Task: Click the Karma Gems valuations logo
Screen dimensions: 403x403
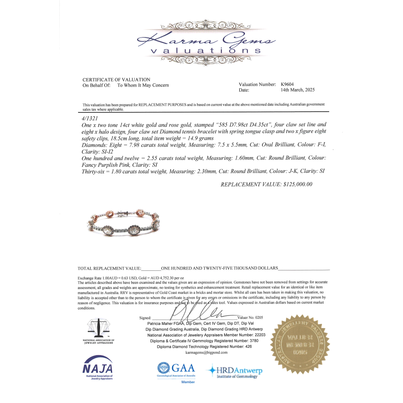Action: tap(206, 44)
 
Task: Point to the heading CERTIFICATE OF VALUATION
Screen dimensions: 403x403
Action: tap(116, 80)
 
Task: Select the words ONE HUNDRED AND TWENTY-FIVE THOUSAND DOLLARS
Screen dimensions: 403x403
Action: tap(219, 268)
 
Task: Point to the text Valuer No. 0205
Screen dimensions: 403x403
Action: tap(250, 318)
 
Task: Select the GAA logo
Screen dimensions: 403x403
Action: tap(176, 368)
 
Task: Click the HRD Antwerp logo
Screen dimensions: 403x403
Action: tap(234, 371)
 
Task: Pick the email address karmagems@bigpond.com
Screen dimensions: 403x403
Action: tap(206, 352)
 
